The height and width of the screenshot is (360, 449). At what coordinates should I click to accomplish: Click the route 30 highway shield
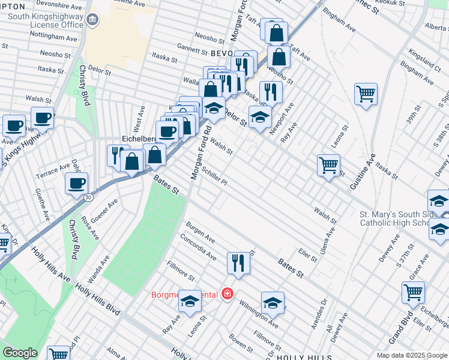tap(89, 197)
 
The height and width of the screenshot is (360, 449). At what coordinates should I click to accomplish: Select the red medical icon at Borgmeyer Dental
tap(227, 294)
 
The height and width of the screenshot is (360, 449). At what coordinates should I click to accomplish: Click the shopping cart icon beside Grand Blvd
tap(413, 292)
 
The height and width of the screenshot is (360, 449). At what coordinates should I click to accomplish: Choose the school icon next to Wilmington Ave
tap(273, 302)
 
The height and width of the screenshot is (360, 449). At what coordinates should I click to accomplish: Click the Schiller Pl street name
tap(214, 176)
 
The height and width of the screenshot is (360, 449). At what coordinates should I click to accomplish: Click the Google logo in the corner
tap(20, 353)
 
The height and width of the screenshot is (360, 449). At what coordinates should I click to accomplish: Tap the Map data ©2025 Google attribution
tap(411, 355)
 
